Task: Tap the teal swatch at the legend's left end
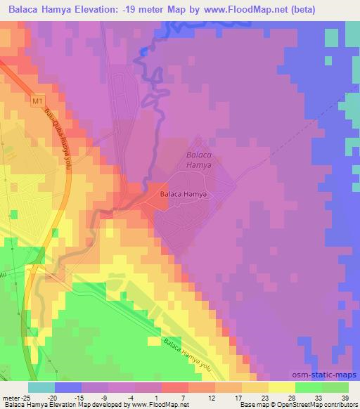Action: [41, 387]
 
